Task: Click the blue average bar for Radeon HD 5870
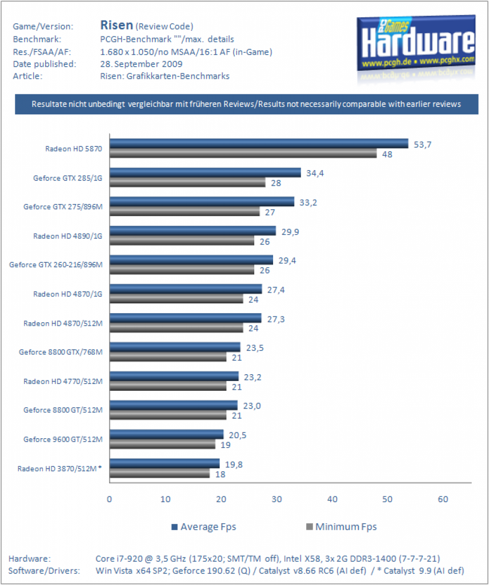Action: [x=259, y=143]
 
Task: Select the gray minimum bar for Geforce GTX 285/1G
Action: [x=187, y=182]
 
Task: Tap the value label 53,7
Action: [x=423, y=145]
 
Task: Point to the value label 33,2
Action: [x=308, y=203]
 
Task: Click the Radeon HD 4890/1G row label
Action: [x=67, y=236]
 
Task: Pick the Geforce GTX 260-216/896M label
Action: [x=56, y=265]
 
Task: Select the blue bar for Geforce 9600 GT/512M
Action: [x=166, y=434]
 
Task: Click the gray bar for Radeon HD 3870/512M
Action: [x=159, y=474]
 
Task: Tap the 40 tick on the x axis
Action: [x=332, y=499]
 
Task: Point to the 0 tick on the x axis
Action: [x=109, y=499]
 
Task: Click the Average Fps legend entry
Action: [x=204, y=527]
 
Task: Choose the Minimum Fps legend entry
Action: [x=341, y=527]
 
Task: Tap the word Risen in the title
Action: [x=117, y=25]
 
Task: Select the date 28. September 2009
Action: [x=141, y=64]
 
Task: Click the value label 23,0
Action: [x=252, y=406]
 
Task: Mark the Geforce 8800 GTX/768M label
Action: [x=61, y=352]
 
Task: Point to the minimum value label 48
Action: [x=387, y=154]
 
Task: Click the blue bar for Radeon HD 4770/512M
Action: [x=174, y=376]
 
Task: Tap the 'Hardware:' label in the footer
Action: [x=30, y=559]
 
